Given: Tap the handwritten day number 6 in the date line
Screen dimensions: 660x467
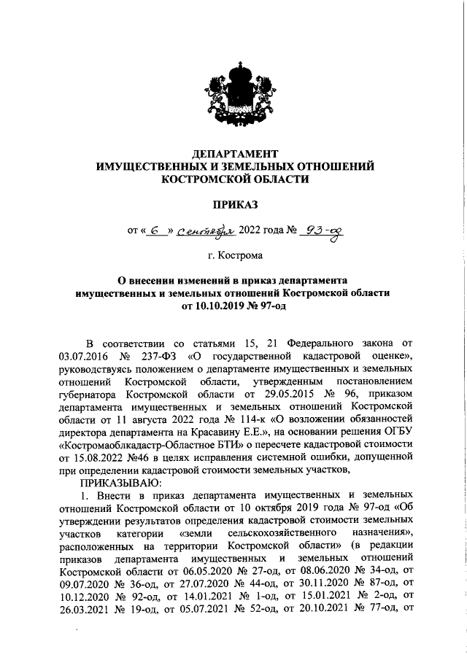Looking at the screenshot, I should (155, 232).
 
